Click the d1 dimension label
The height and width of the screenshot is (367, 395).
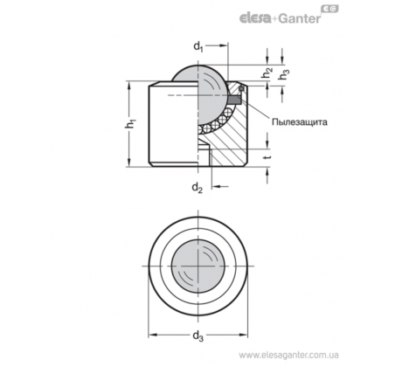click(198, 46)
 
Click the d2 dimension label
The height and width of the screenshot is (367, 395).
click(197, 188)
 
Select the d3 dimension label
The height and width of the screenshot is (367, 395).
click(198, 336)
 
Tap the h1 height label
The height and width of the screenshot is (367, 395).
click(131, 123)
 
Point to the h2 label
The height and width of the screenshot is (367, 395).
click(267, 73)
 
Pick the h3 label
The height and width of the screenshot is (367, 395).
click(284, 74)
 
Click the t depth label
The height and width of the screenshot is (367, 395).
click(268, 157)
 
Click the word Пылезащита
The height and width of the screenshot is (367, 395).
click(300, 121)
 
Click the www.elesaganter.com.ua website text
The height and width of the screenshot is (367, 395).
click(288, 355)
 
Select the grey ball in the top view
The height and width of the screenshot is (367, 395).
click(197, 266)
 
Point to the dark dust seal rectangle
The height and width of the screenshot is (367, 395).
click(235, 100)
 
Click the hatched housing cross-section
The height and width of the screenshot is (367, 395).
click(230, 140)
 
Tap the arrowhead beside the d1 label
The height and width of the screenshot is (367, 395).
click(223, 45)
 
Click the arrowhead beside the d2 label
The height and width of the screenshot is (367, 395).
click(216, 186)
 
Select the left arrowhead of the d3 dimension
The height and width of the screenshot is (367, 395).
click(153, 335)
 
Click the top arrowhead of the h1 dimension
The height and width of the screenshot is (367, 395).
click(129, 85)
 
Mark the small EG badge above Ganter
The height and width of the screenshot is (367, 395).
click(329, 9)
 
